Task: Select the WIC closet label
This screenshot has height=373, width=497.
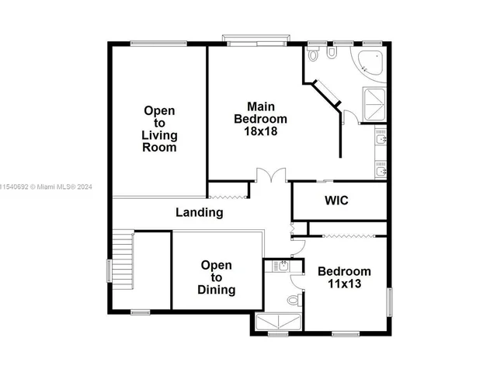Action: click(336, 200)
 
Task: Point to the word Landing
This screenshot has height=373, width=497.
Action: click(199, 212)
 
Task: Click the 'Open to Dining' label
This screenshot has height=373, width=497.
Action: click(216, 277)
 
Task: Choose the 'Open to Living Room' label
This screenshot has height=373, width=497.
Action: click(158, 129)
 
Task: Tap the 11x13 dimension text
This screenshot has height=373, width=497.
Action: click(344, 284)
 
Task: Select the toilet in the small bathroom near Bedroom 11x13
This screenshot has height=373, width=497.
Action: click(293, 299)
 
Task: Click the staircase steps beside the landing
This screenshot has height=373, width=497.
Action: click(123, 260)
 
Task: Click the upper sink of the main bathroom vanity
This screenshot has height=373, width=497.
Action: click(381, 140)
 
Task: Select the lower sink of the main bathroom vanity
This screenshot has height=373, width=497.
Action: click(381, 169)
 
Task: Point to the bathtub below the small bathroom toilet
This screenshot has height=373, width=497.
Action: click(278, 322)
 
